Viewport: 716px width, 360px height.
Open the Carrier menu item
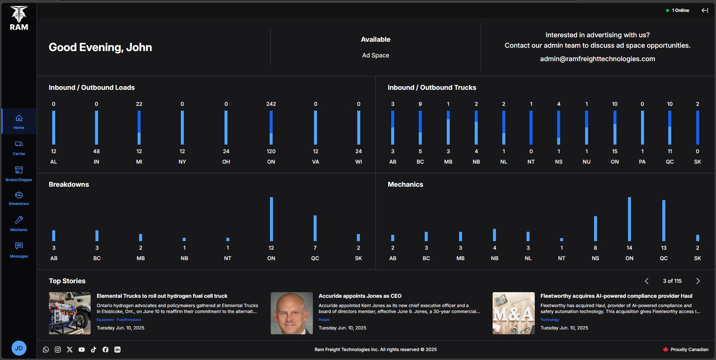point(19,148)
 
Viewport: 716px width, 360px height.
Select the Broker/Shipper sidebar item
point(19,174)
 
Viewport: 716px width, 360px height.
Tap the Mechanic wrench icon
point(19,220)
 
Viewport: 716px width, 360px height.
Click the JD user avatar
point(19,348)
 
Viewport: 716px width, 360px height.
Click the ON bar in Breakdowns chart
point(271,219)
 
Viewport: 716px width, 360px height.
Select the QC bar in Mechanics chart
point(663,221)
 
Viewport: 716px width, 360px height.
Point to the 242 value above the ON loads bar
point(271,104)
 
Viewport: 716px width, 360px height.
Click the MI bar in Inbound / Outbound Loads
point(139,128)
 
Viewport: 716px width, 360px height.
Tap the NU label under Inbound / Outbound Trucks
point(586,162)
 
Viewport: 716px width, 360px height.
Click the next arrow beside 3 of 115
point(698,281)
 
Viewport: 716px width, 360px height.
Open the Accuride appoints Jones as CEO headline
point(360,296)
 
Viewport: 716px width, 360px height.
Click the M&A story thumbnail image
point(514,313)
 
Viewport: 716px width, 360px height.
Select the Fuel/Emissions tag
point(129,320)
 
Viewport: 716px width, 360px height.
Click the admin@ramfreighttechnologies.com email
point(597,59)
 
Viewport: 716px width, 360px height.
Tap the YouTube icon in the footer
point(82,350)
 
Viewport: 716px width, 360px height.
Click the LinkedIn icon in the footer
point(117,350)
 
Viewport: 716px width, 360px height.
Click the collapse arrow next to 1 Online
point(704,10)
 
